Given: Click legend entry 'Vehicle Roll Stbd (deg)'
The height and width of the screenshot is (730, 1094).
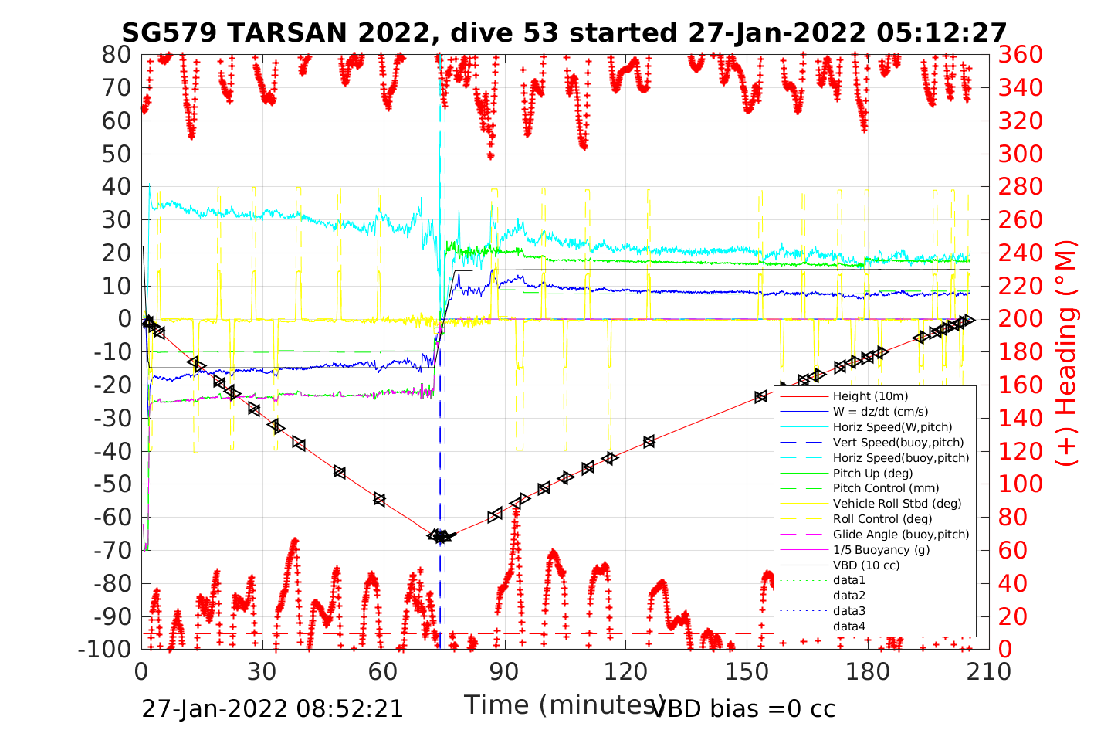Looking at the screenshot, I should [x=897, y=504].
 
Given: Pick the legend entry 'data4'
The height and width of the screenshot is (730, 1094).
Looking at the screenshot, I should [x=849, y=626].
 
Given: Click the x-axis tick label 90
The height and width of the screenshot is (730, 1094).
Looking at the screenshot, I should [x=504, y=671].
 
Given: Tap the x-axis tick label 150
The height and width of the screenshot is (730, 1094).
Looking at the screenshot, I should [x=747, y=671].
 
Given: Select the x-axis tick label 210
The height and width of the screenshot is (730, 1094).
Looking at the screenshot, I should [x=989, y=671].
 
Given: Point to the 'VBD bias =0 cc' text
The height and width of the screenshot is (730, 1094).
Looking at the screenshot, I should [x=743, y=708].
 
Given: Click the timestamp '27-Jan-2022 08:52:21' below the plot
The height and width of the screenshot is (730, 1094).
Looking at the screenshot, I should [x=273, y=708].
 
